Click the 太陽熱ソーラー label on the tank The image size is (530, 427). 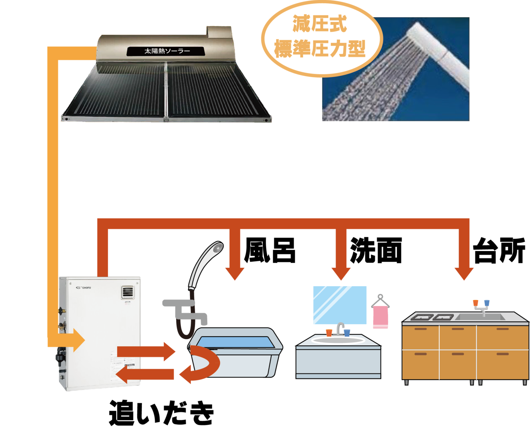click(167, 51)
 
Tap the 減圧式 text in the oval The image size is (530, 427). click(319, 24)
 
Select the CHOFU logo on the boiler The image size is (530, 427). click(84, 287)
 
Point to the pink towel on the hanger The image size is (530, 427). click(381, 317)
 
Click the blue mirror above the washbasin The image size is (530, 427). click(339, 305)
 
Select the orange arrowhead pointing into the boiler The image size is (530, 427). click(78, 340)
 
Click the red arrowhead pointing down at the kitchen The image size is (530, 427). click(464, 273)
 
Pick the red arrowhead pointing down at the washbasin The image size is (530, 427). click(341, 273)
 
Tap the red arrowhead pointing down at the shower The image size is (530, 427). click(234, 273)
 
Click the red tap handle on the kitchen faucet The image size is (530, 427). click(476, 303)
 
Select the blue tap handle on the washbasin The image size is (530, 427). click(347, 332)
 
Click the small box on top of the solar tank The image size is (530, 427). click(219, 32)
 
